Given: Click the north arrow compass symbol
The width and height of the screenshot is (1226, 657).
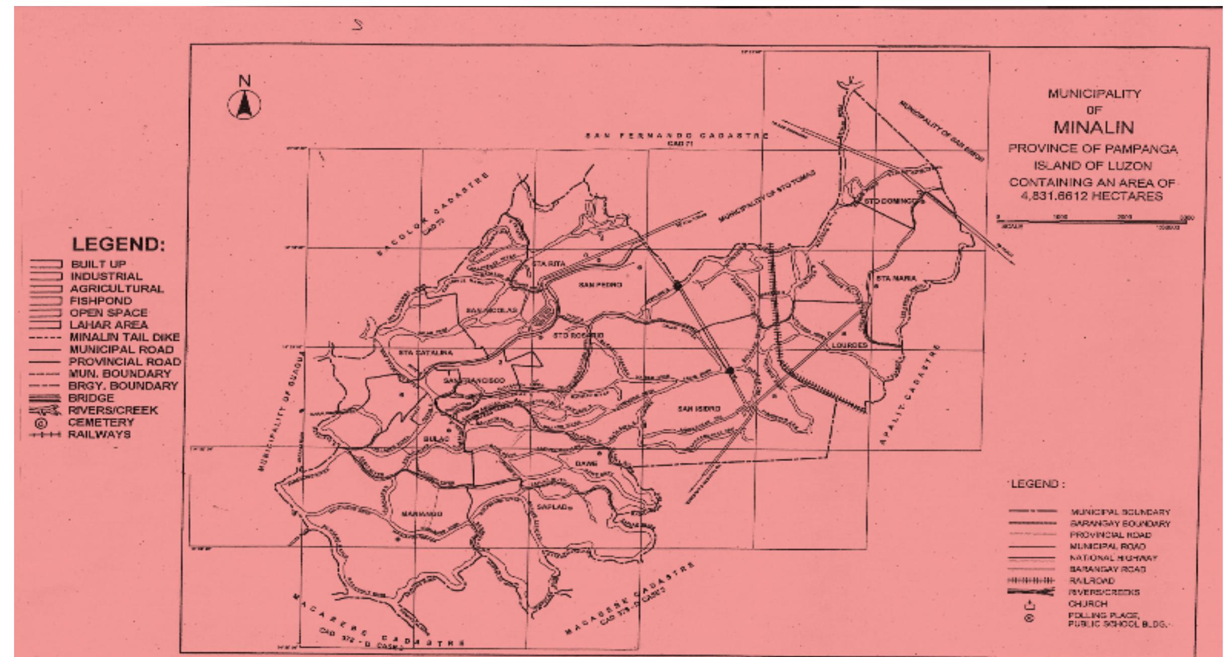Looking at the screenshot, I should pos(244,104).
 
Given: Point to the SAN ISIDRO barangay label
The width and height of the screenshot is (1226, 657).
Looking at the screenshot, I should pos(699,409).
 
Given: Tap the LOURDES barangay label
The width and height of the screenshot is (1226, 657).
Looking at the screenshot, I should pos(849,346).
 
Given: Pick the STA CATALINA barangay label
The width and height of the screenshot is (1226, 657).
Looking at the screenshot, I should pos(425,353).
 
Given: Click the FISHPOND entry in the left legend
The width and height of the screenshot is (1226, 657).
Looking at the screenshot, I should pos(101,301).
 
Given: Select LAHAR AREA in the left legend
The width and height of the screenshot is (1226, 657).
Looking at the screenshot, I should pos(108,325).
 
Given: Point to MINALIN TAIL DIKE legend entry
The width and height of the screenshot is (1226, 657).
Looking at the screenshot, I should pos(124,337).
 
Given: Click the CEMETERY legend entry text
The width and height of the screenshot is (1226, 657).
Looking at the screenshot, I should pos(101,422).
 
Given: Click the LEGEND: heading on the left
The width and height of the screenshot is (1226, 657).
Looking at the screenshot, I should pos(119,245).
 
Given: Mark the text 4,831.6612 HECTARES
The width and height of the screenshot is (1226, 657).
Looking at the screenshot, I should pos(1091,196).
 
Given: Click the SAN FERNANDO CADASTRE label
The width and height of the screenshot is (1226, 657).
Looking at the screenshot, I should pos(677,136).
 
